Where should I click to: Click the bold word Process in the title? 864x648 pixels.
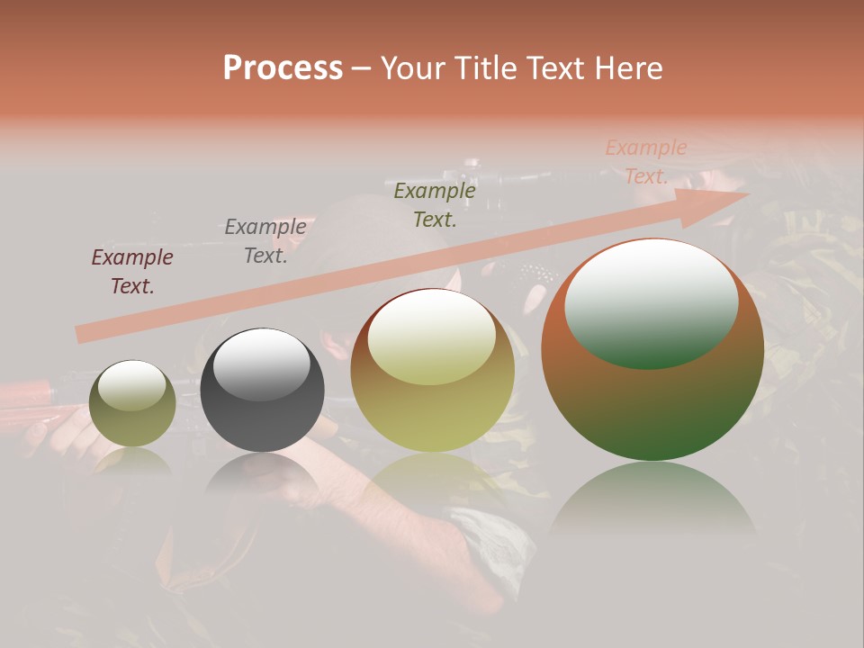(x=283, y=68)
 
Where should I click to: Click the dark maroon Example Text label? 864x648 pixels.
(x=132, y=272)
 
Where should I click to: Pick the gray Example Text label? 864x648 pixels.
(x=265, y=241)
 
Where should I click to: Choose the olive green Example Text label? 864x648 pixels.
(x=435, y=205)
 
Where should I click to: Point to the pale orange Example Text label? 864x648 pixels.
(x=646, y=162)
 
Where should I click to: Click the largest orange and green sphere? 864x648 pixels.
(x=652, y=396)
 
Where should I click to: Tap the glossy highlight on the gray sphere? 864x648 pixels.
(x=261, y=362)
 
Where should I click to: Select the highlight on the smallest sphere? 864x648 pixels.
(x=131, y=385)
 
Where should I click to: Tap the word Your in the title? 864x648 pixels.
(x=415, y=68)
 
